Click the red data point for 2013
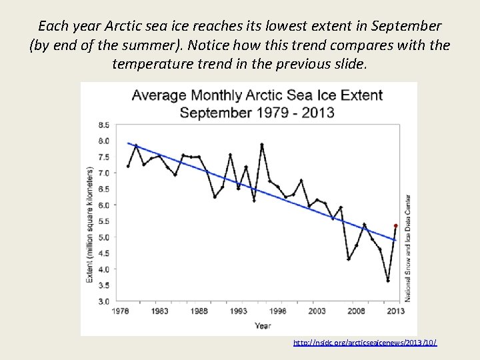tap(396, 226)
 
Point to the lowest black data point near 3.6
tap(388, 281)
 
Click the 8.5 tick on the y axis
tap(104, 125)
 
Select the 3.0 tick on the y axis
tap(104, 301)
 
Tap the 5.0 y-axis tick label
tap(104, 237)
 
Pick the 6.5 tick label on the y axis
tap(104, 189)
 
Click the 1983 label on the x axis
tap(160, 311)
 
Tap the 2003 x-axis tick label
tap(317, 311)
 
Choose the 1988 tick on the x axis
tap(199, 311)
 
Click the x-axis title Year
tap(262, 325)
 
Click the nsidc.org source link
tap(365, 342)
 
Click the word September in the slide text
tap(408, 27)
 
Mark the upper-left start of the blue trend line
tap(129, 143)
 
